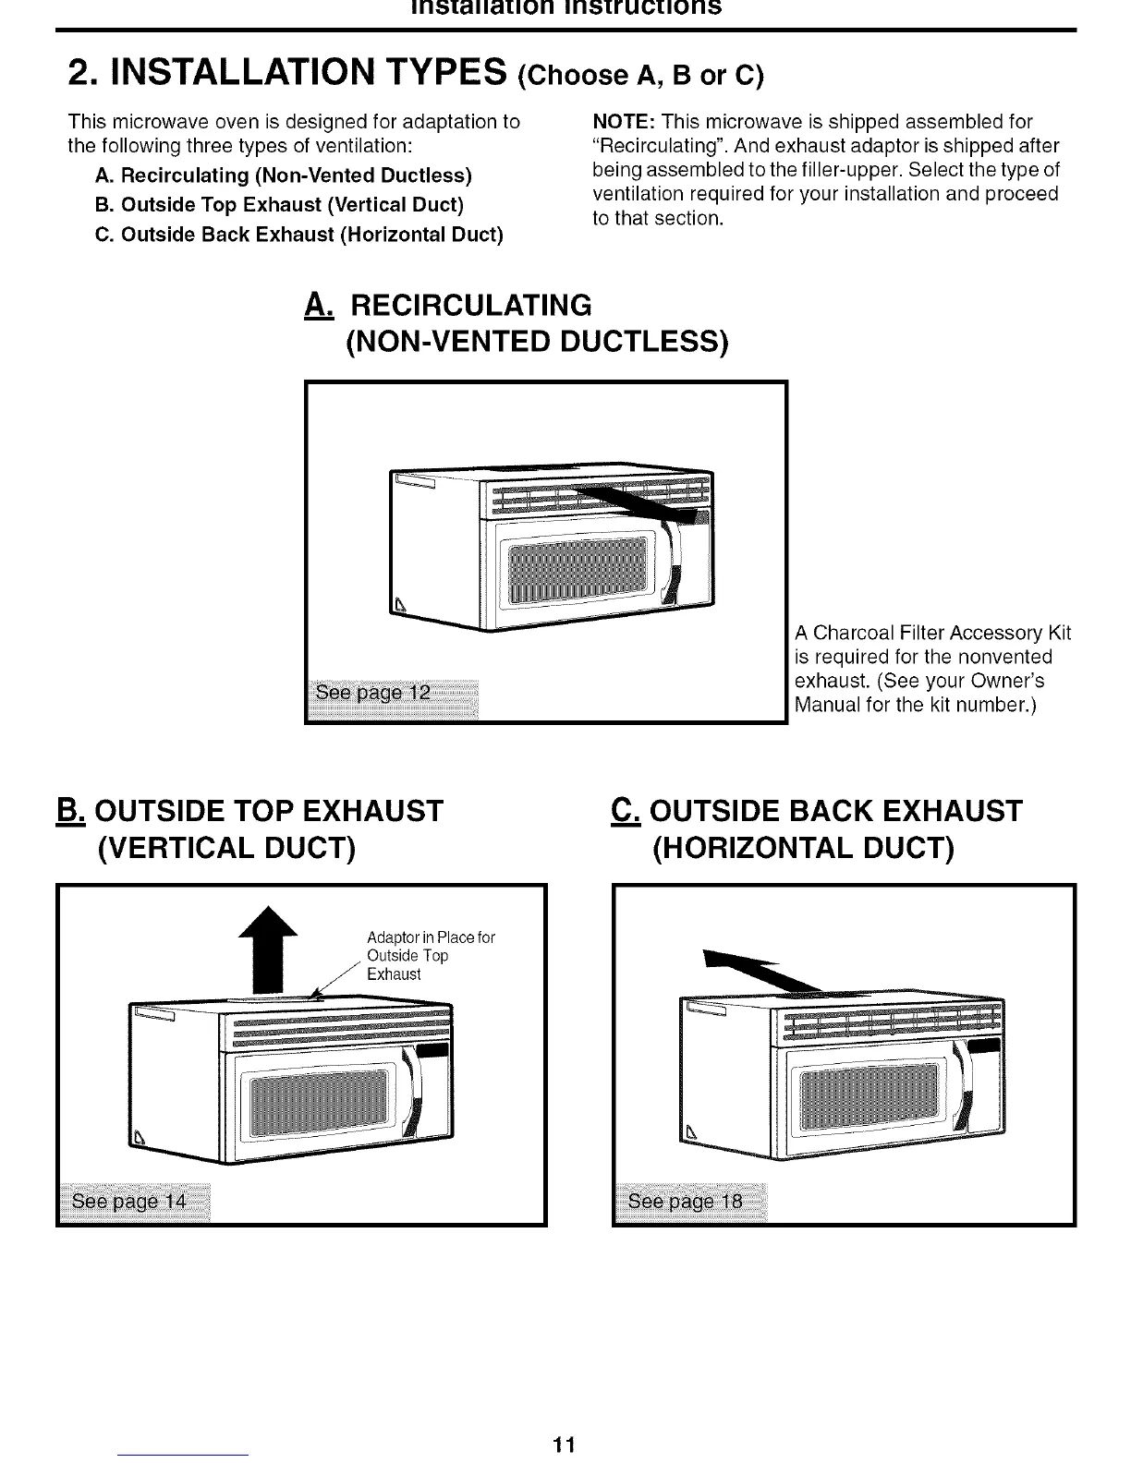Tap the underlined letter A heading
pyautogui.click(x=316, y=305)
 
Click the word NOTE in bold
pyautogui.click(x=621, y=122)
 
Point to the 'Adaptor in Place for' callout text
pyautogui.click(x=431, y=937)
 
